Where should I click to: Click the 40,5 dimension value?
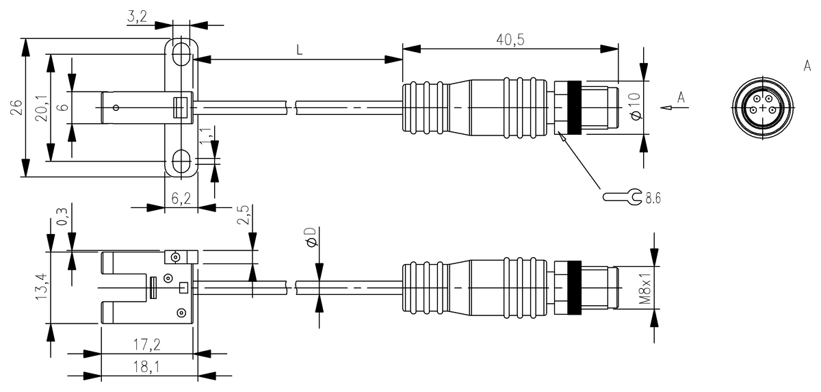(x=510, y=40)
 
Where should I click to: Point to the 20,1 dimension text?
(x=40, y=108)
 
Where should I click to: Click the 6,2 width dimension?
(x=181, y=198)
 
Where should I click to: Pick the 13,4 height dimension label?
(x=40, y=287)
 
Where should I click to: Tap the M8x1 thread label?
(x=644, y=287)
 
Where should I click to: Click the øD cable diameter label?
(x=311, y=239)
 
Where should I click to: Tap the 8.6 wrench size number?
(x=653, y=198)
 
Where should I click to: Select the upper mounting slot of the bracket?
(x=181, y=54)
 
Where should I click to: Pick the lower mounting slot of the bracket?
(x=181, y=161)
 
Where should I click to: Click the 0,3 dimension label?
(x=62, y=218)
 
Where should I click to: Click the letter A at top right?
(x=807, y=66)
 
